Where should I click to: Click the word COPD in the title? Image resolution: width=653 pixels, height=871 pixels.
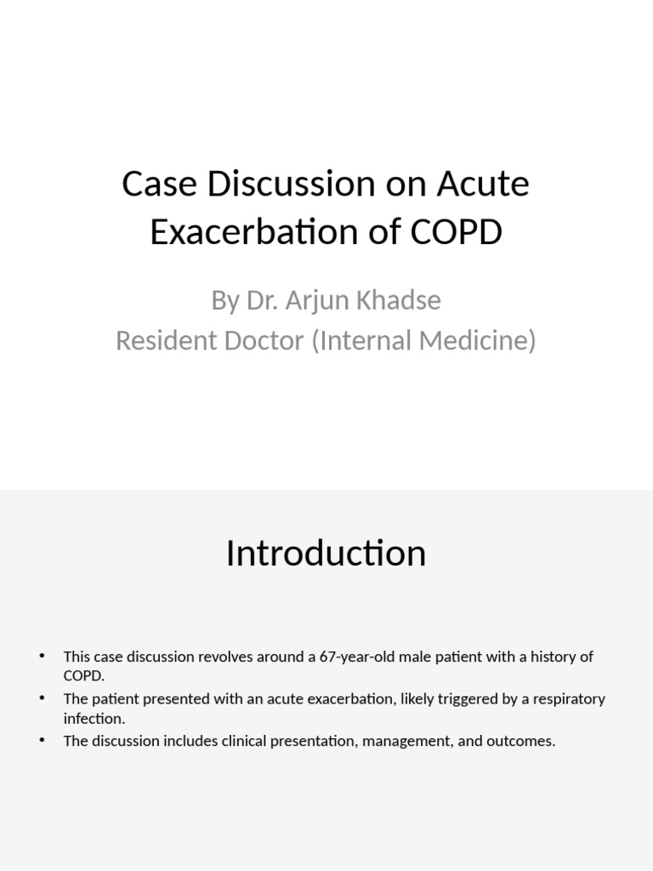click(x=458, y=232)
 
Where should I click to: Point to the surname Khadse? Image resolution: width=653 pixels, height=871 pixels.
click(x=399, y=300)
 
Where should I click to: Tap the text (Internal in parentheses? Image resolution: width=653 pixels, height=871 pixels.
click(x=370, y=340)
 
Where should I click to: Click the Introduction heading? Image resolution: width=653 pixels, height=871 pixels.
click(x=326, y=553)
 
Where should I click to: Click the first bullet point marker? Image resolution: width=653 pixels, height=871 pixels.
click(x=42, y=657)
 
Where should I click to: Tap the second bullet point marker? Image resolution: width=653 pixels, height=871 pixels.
click(x=42, y=698)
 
